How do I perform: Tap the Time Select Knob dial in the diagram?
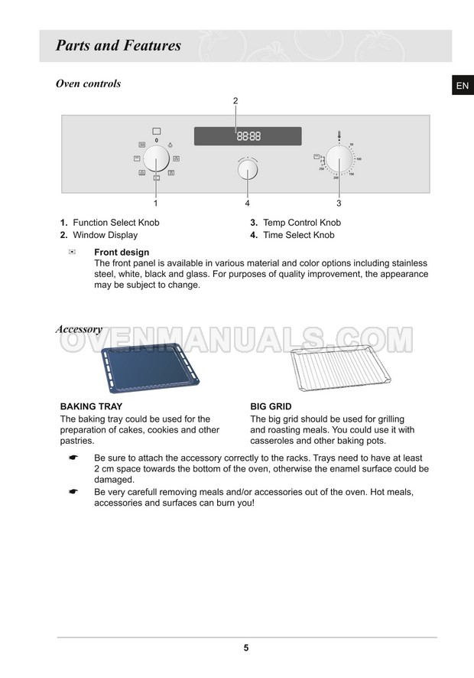pyautogui.click(x=248, y=169)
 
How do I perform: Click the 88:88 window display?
pyautogui.click(x=248, y=136)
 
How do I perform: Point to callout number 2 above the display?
pyautogui.click(x=235, y=101)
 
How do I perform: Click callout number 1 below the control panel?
pyautogui.click(x=156, y=204)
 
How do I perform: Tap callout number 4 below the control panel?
pyautogui.click(x=248, y=204)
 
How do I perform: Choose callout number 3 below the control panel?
pyautogui.click(x=339, y=204)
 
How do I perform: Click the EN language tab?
pyautogui.click(x=462, y=86)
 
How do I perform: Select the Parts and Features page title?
pyautogui.click(x=118, y=46)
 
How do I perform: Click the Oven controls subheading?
pyautogui.click(x=88, y=83)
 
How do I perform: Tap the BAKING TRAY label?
pyautogui.click(x=91, y=406)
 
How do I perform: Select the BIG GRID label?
pyautogui.click(x=271, y=406)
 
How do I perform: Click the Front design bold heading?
pyautogui.click(x=122, y=252)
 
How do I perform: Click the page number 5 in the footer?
pyautogui.click(x=246, y=647)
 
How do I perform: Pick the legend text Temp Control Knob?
pyautogui.click(x=302, y=223)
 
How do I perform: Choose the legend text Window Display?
pyautogui.click(x=106, y=235)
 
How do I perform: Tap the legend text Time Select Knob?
pyautogui.click(x=299, y=235)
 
